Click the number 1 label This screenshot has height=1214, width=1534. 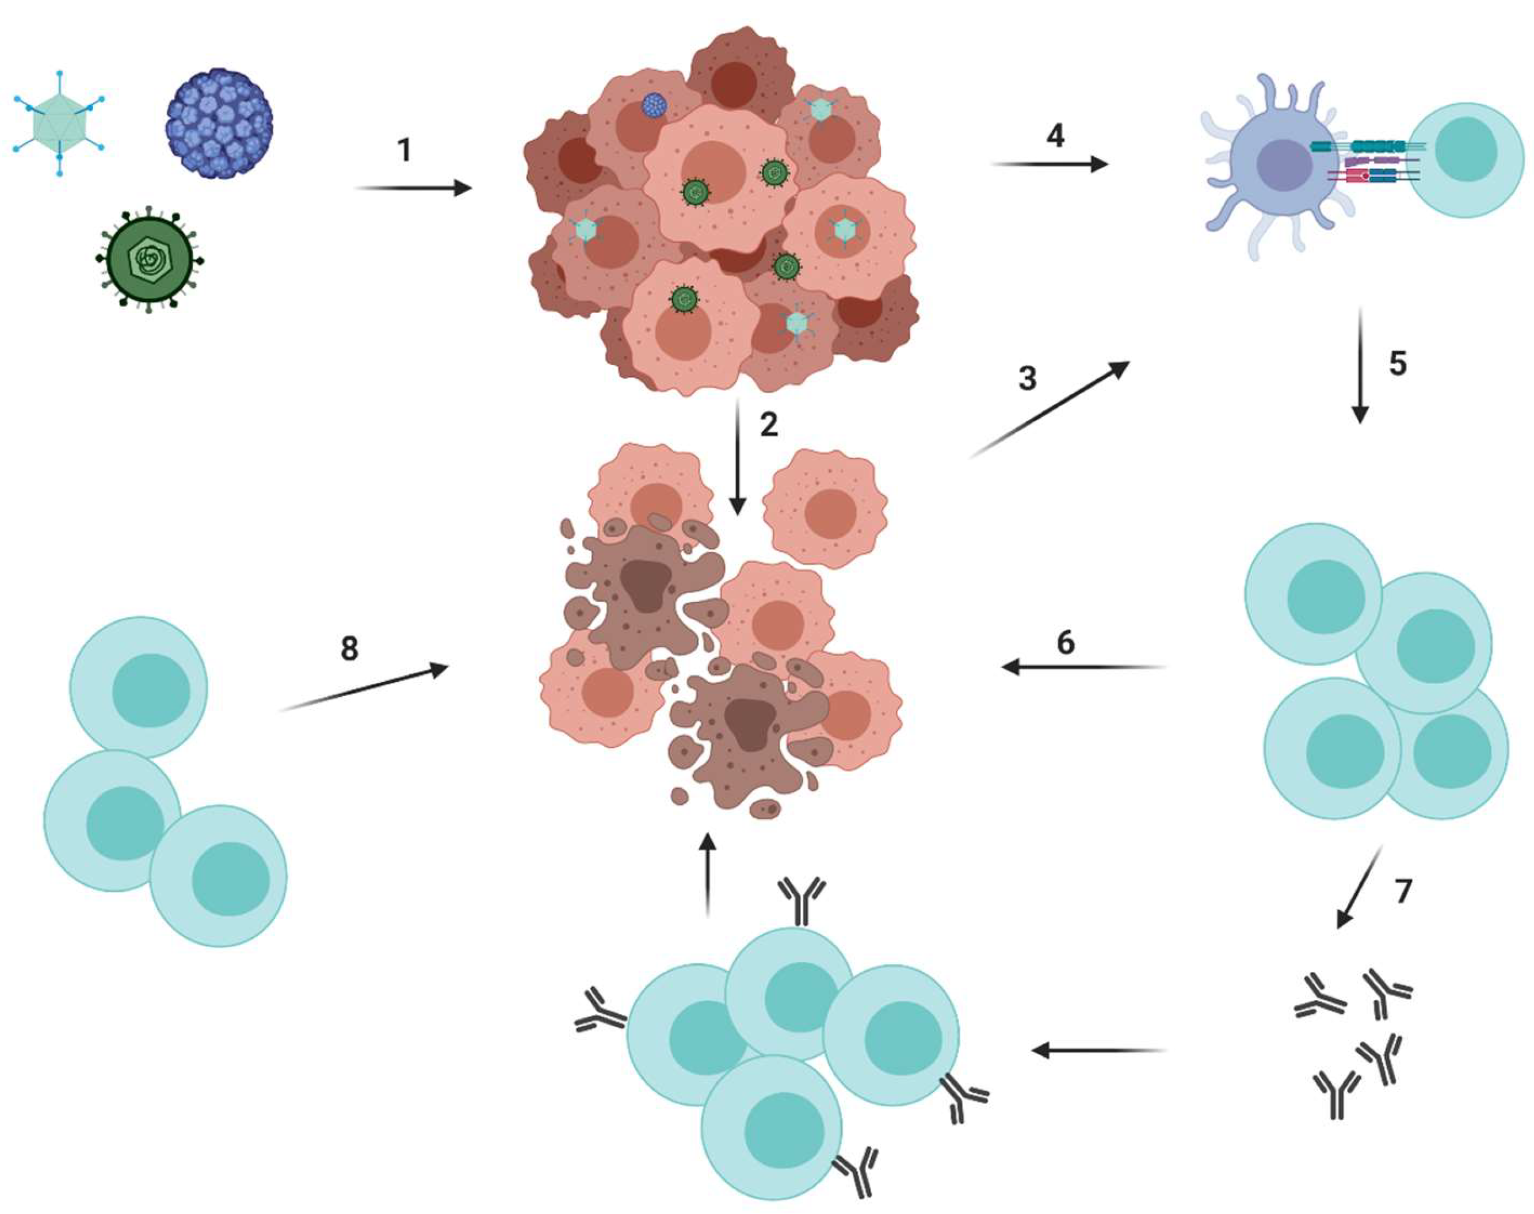point(405,150)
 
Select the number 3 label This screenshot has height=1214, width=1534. point(1027,379)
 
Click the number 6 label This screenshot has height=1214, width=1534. point(1066,643)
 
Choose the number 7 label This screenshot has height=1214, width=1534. point(1402,891)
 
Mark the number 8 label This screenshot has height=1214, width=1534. point(349,649)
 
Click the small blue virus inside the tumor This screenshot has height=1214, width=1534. point(653,105)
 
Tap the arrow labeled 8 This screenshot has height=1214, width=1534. point(364,688)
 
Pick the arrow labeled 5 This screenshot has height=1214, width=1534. point(1360,366)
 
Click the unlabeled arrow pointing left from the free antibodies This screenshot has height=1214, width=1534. point(1099,1050)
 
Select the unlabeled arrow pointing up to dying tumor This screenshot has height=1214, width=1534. point(707,874)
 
